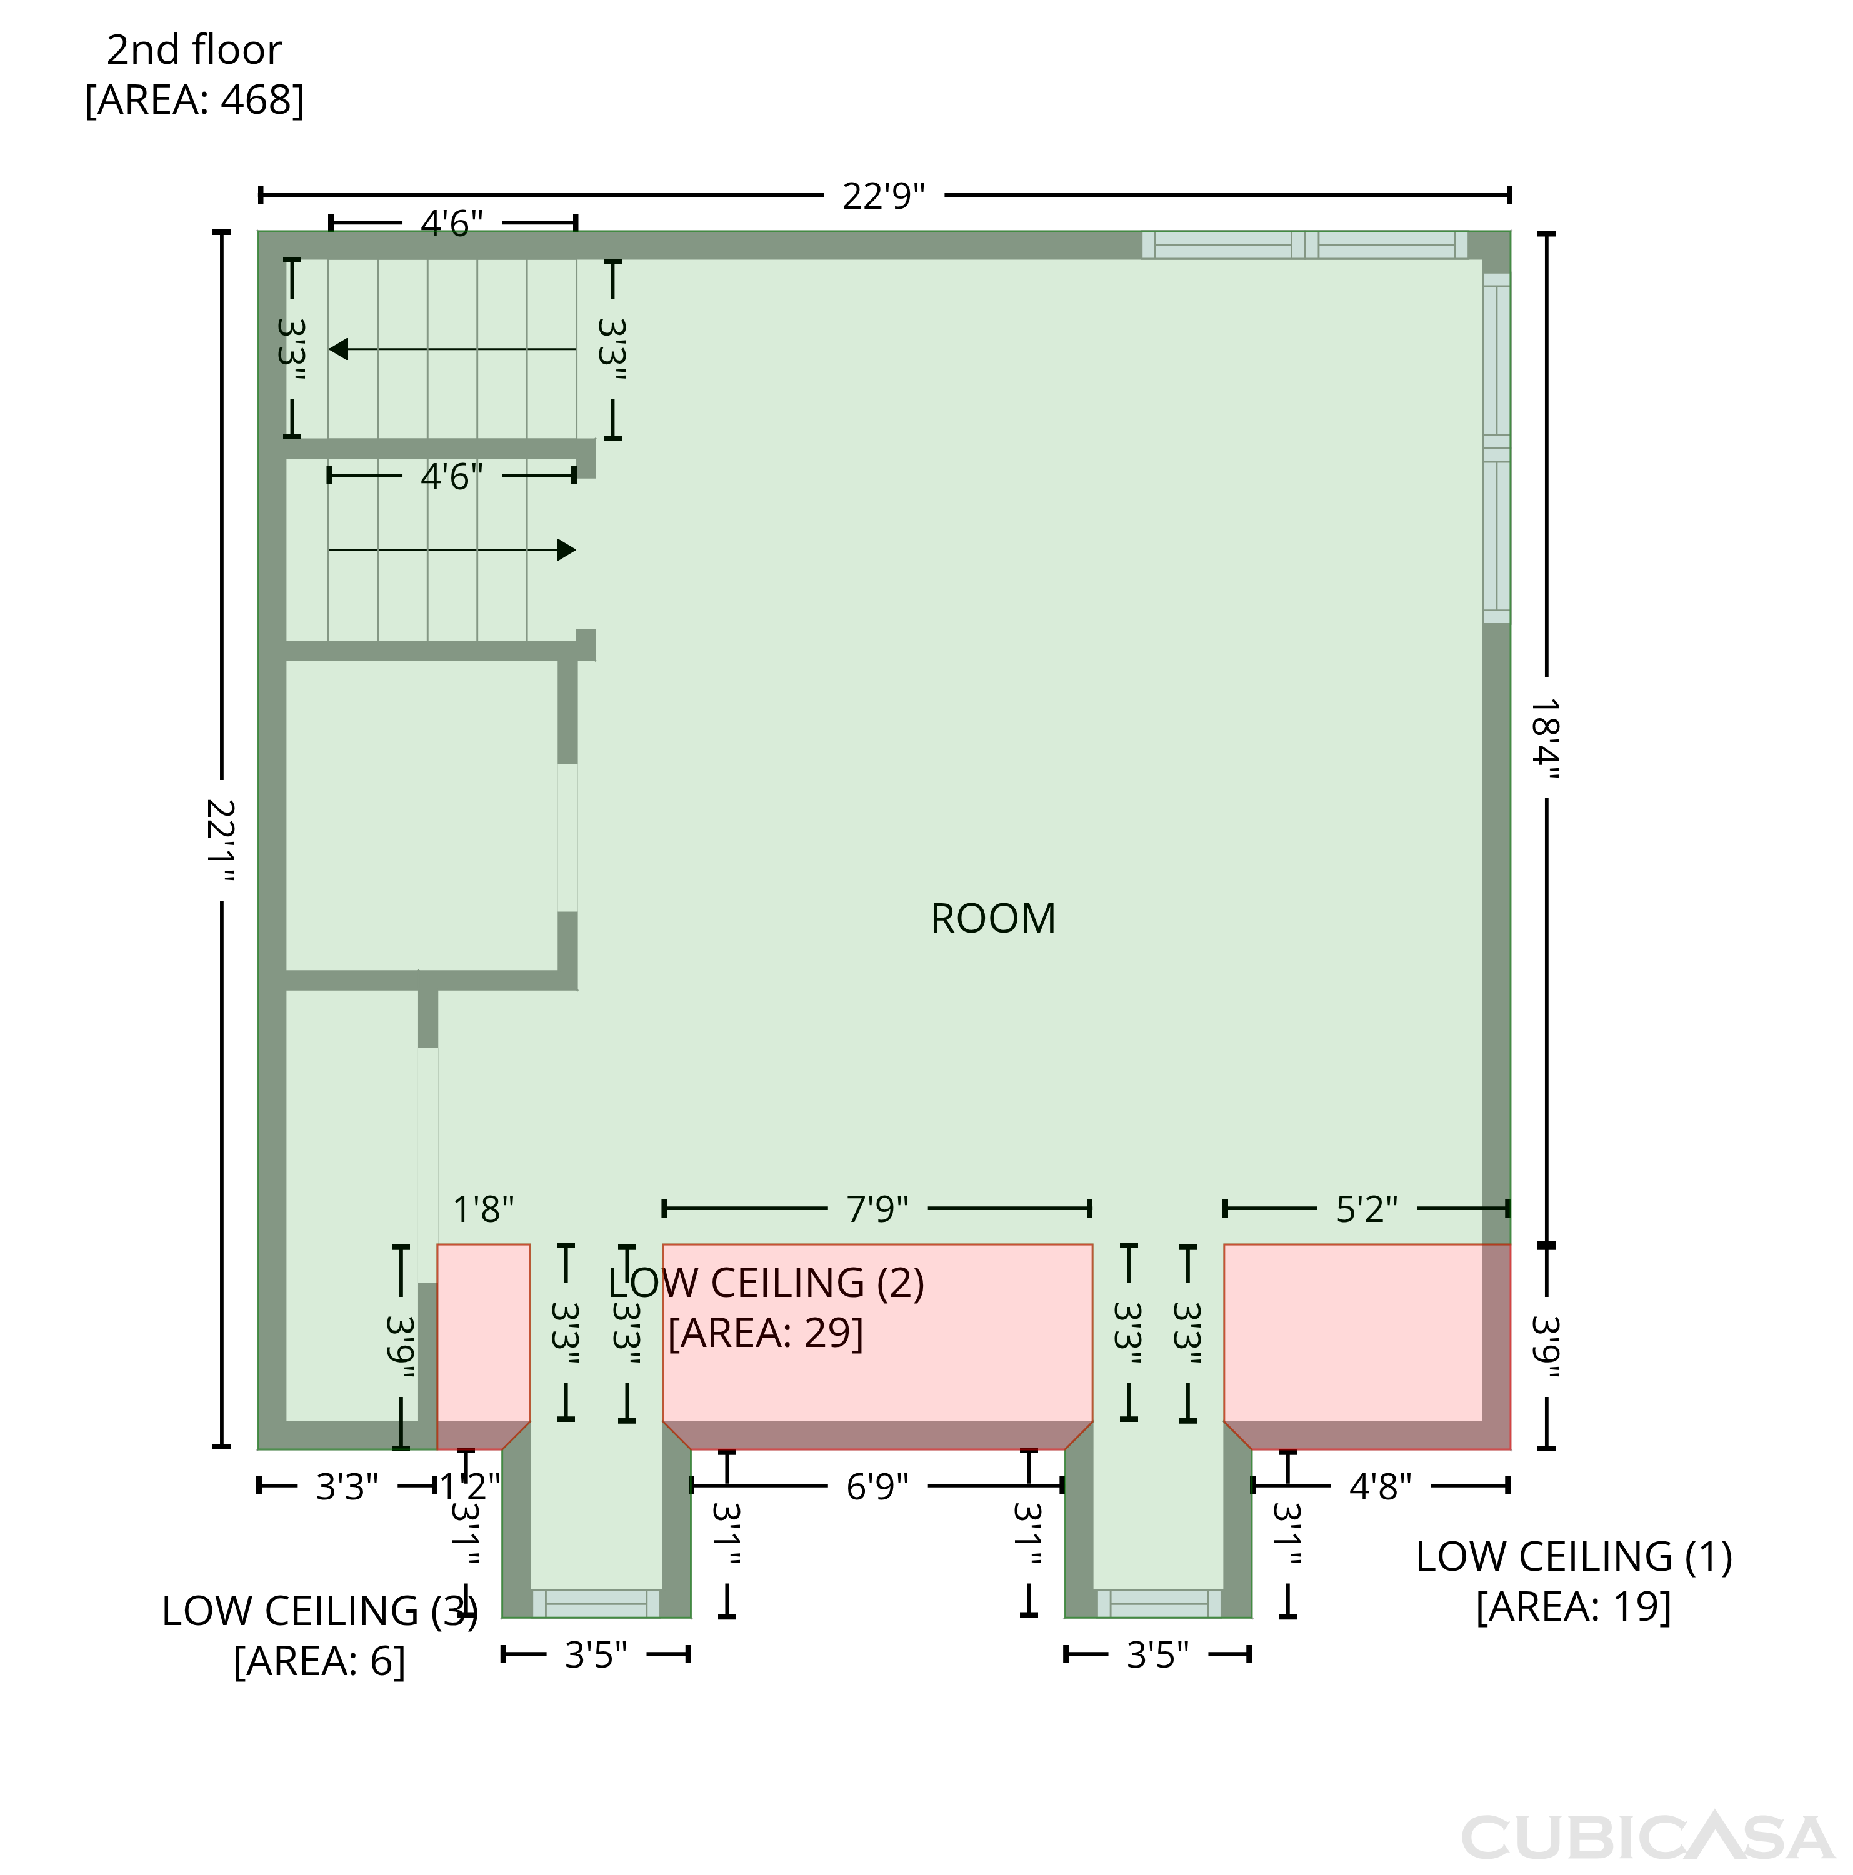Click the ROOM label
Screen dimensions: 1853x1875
click(992, 918)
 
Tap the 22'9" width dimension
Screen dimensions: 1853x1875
click(883, 196)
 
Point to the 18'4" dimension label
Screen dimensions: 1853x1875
click(1546, 739)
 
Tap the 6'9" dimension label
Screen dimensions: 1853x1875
click(877, 1486)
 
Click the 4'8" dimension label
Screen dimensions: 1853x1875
click(1381, 1486)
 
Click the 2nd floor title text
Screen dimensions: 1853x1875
click(194, 49)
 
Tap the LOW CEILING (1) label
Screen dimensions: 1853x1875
click(1574, 1557)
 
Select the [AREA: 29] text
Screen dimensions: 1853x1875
click(765, 1332)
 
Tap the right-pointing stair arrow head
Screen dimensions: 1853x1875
click(566, 550)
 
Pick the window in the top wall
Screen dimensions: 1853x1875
click(1304, 246)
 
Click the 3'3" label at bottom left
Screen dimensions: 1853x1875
click(346, 1486)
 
